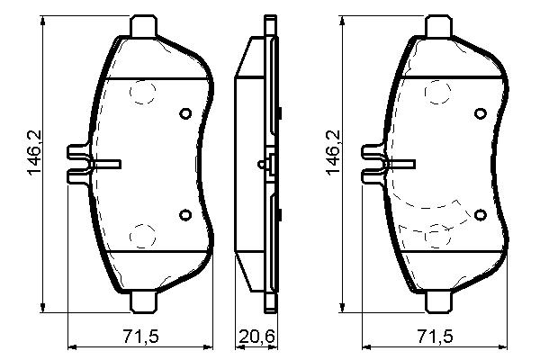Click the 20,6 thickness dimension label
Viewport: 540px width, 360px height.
(x=257, y=336)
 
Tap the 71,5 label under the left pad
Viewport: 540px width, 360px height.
(x=141, y=336)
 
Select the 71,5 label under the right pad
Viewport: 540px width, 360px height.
(x=436, y=336)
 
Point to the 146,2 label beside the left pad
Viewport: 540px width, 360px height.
(x=35, y=153)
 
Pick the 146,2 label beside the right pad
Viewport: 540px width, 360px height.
(x=333, y=153)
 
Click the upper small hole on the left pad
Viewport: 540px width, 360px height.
(x=185, y=113)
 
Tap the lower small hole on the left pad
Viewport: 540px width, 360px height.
(x=185, y=214)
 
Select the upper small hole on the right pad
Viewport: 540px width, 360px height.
(x=480, y=113)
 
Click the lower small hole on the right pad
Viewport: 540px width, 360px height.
(x=480, y=215)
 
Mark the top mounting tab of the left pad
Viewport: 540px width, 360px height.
(x=144, y=26)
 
